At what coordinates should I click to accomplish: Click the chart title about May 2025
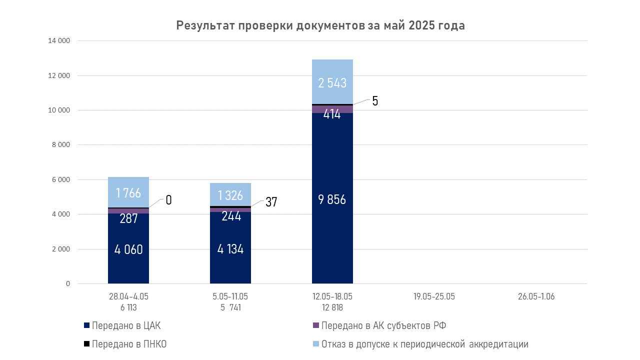pos(320,26)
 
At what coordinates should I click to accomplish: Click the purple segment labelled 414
pos(332,109)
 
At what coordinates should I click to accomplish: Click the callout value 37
pos(271,202)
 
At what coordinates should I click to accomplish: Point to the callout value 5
pos(375,101)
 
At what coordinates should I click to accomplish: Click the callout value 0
pos(168,200)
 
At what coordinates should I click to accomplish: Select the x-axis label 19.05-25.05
pos(434,296)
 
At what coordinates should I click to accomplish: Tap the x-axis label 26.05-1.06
pos(536,296)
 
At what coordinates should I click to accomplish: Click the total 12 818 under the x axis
pos(332,307)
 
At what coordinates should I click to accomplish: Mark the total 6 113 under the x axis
pos(128,307)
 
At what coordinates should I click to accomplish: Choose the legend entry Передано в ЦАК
pos(126,326)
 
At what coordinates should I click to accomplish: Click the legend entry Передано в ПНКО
pos(129,344)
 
